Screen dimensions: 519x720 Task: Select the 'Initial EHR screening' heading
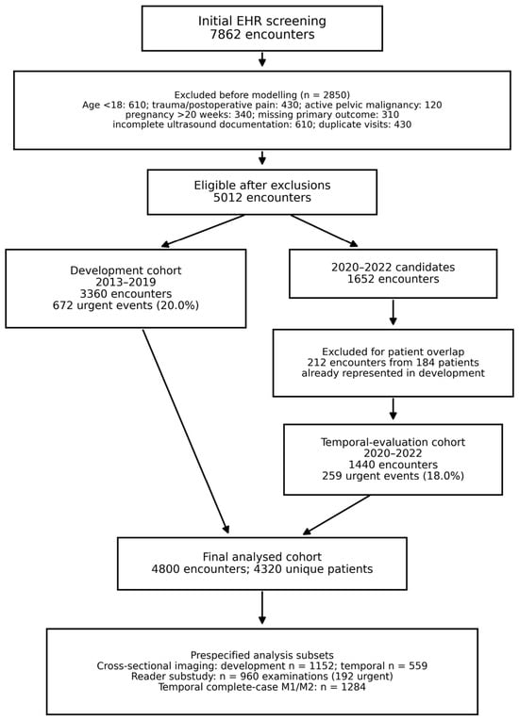coord(262,21)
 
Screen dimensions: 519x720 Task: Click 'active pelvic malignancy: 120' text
coord(374,106)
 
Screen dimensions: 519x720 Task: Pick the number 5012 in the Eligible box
coord(228,198)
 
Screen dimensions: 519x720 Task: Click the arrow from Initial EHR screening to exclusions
coord(262,58)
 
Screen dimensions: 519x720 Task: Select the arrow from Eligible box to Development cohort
coord(203,231)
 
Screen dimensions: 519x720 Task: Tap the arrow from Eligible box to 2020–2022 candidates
coord(324,231)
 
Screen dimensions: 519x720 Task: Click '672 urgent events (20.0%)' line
coord(126,305)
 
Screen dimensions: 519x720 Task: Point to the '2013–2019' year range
coord(126,282)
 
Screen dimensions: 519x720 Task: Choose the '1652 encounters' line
coord(393,279)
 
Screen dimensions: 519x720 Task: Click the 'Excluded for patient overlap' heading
coord(393,352)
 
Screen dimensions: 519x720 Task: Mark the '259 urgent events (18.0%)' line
coord(393,476)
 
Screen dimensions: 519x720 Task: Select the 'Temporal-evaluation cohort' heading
coord(393,442)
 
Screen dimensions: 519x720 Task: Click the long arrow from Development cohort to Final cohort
coord(186,432)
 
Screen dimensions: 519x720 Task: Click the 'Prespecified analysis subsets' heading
coord(262,655)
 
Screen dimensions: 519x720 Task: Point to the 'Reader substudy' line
coord(262,677)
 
